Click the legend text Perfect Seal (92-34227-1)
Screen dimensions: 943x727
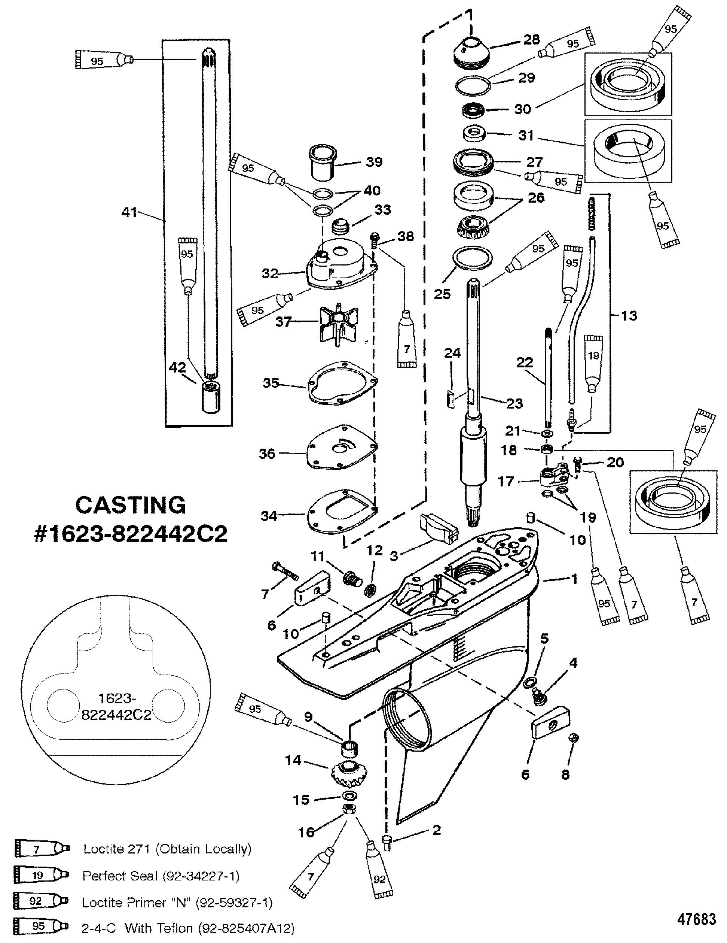point(161,876)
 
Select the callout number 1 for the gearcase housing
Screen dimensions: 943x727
point(574,579)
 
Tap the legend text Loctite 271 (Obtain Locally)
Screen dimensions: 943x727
point(167,849)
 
